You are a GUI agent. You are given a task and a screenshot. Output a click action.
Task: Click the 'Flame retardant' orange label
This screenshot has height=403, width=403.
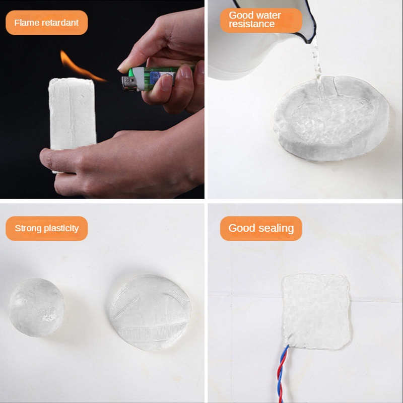[46, 23]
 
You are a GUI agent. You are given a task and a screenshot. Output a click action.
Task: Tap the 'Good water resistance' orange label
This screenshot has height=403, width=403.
[261, 20]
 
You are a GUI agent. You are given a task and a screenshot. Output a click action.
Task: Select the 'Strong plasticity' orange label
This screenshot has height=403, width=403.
[46, 228]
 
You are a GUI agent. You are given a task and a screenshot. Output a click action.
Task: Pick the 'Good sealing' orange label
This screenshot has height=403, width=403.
[261, 228]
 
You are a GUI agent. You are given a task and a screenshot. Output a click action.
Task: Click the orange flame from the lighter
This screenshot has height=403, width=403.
[80, 68]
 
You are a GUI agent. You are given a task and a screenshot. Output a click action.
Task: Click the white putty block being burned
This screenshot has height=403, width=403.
[72, 116]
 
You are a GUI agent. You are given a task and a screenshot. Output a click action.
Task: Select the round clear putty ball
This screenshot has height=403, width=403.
[36, 307]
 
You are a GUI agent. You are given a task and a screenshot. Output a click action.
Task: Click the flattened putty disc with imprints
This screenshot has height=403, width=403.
[150, 312]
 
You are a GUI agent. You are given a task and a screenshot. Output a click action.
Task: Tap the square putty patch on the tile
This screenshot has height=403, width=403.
[316, 312]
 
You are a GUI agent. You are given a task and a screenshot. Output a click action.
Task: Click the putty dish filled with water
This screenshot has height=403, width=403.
[331, 118]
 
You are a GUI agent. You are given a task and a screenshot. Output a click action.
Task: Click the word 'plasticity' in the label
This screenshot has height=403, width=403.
[61, 229]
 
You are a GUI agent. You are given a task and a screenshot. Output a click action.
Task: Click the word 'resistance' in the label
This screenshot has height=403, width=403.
[251, 24]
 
